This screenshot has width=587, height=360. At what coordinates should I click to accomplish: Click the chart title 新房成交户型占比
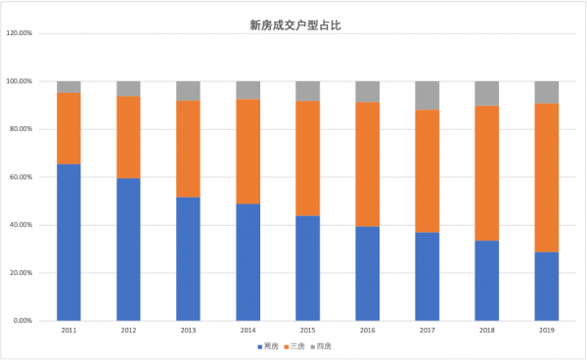[x=293, y=27]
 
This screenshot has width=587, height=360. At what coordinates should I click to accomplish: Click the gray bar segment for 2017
[x=428, y=95]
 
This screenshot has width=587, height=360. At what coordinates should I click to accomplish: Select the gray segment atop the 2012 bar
[x=128, y=89]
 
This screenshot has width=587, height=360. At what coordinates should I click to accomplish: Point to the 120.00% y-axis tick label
[x=21, y=33]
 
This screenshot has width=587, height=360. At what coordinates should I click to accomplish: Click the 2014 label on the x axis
[x=248, y=331]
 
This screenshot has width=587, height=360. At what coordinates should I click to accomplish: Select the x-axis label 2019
[x=547, y=331]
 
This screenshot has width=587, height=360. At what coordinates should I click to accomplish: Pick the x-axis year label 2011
[x=68, y=331]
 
